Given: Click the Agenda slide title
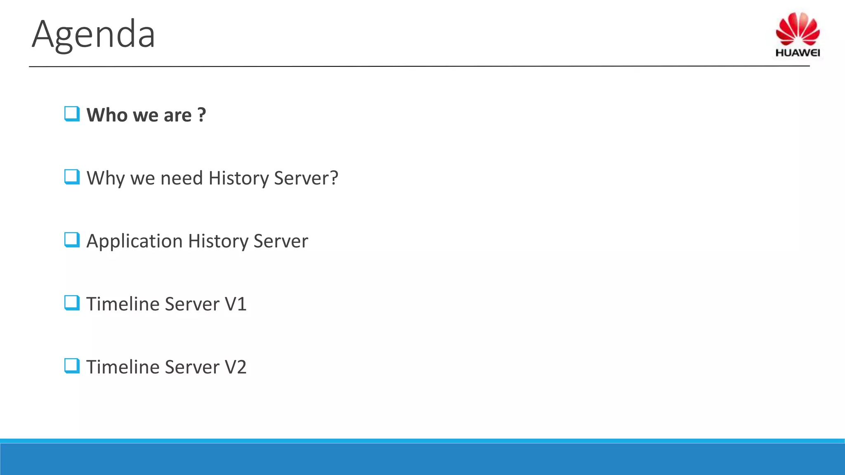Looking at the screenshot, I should coord(93,34).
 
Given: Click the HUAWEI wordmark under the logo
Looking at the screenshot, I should coord(798,53).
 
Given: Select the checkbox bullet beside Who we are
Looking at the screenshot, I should coord(72,114).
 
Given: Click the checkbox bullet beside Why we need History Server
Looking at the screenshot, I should coord(72,177).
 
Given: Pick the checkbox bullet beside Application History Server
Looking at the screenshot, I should coord(72,240).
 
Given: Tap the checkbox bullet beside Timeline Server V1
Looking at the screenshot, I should coord(72,303).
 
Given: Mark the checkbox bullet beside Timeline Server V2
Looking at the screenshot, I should coord(72,366).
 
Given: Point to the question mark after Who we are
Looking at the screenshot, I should coord(201,115).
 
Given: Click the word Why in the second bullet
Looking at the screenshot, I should coord(105,178).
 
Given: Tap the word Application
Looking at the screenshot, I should coord(135,242).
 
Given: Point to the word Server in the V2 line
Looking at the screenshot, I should coord(192,367).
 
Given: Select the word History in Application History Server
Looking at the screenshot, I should coord(217,242).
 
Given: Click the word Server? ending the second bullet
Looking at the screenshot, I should coord(306,178).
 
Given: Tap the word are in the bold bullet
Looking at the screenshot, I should coord(177,116).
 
